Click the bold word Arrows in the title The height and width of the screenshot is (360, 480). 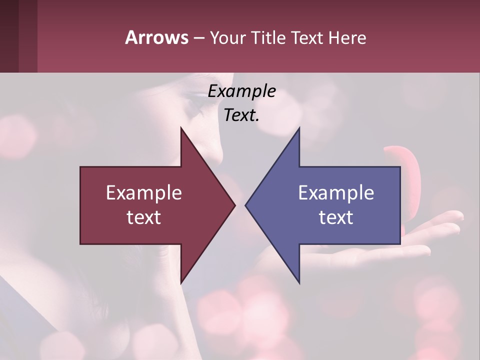156,37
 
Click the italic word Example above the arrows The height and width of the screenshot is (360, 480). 242,91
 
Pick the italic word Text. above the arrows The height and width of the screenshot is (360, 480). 242,115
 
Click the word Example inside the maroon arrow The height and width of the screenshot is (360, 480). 144,193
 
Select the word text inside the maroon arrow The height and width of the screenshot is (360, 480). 144,217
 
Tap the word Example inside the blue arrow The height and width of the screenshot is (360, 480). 336,193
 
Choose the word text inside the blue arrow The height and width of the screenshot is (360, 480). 336,217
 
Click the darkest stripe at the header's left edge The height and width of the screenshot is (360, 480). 9,36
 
